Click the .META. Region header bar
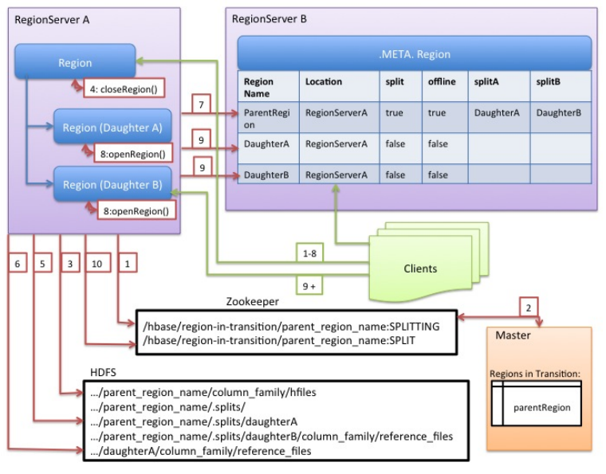tap(414, 54)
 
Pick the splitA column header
tap(486, 81)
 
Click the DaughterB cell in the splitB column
tap(558, 113)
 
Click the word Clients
tap(421, 268)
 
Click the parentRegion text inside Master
tap(541, 407)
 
